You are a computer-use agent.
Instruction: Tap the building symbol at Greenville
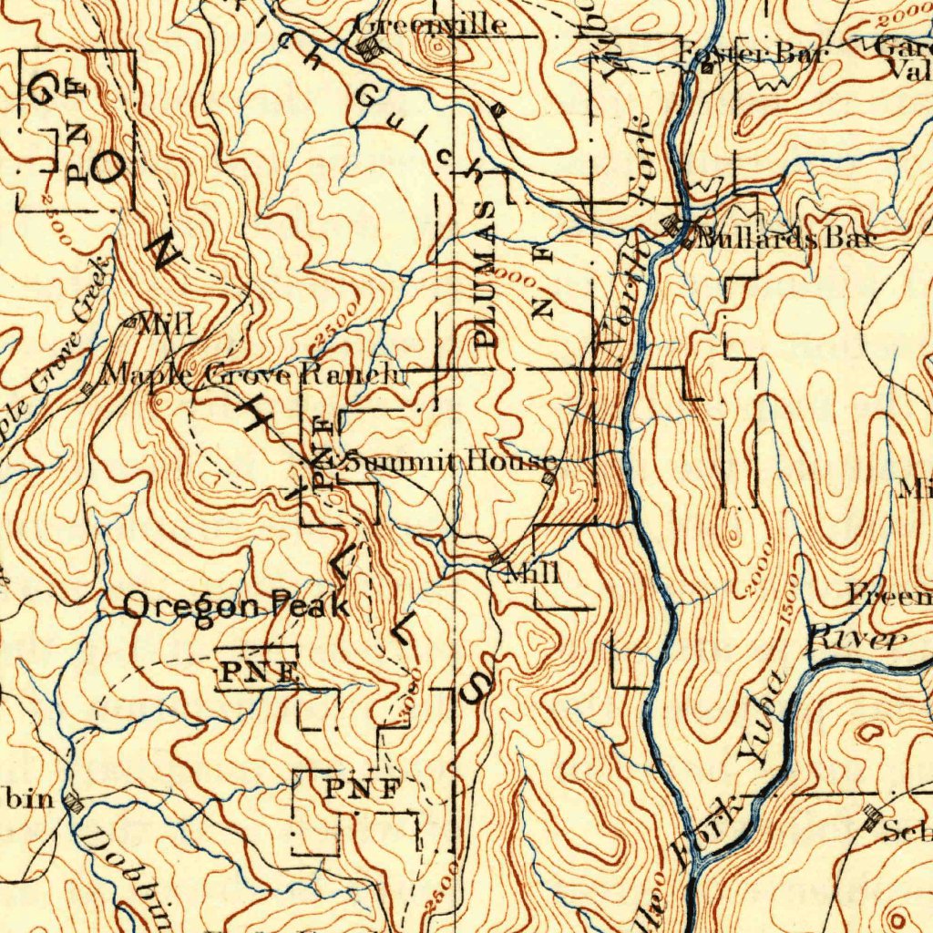click(x=367, y=51)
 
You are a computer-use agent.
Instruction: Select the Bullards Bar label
click(x=786, y=240)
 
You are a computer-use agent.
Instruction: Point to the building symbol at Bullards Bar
click(x=675, y=226)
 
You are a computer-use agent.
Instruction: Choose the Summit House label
click(x=447, y=461)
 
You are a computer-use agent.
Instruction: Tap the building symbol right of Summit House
click(x=549, y=478)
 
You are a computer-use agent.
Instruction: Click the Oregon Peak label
click(x=235, y=605)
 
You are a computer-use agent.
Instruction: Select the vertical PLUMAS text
click(x=487, y=273)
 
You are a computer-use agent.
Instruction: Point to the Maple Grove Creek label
click(x=55, y=355)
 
